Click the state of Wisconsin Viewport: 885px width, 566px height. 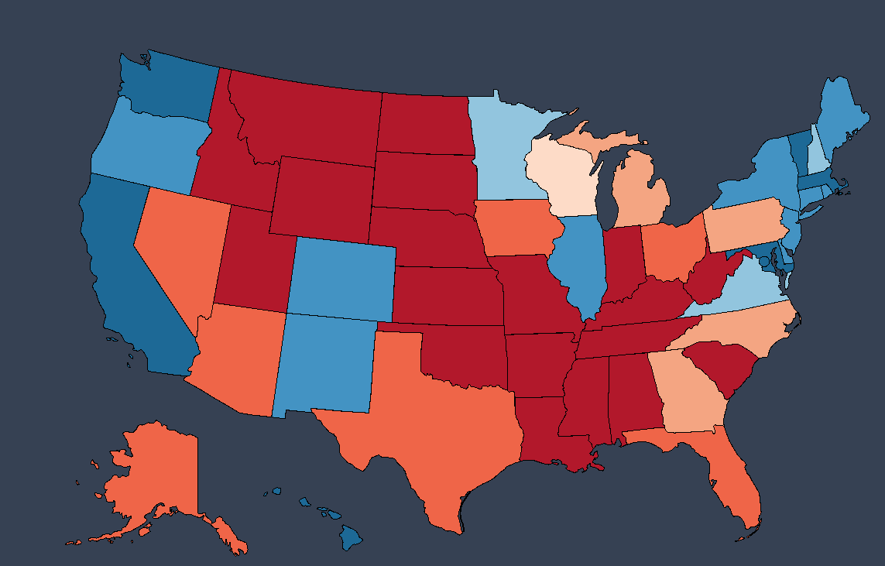561,177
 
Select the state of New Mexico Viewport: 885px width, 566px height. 325,364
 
